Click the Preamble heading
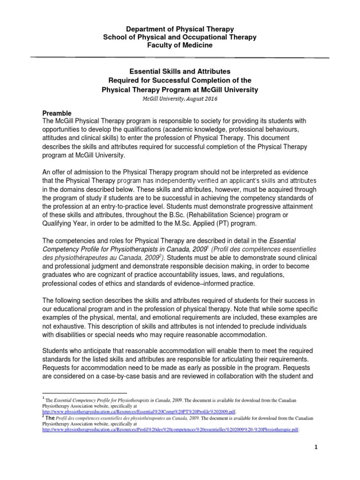coord(57,113)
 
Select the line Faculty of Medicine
coord(180,45)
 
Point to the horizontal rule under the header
coord(180,58)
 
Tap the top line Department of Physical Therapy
coord(180,29)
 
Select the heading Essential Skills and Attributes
coord(180,72)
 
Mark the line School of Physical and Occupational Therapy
coord(180,37)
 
